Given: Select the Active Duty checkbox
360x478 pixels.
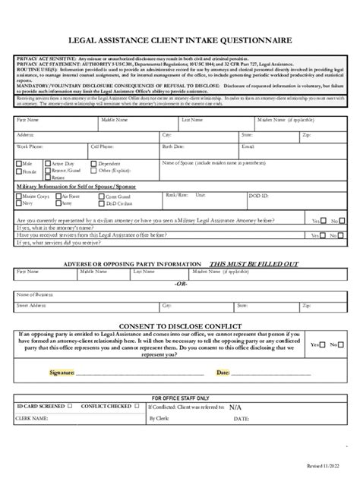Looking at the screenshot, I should (47, 163).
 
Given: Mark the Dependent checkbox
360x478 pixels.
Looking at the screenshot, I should (94, 163).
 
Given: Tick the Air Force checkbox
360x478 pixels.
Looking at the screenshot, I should (59, 196).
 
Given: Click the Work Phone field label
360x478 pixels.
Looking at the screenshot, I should (31, 145).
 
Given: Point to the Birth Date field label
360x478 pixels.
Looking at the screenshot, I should (173, 145).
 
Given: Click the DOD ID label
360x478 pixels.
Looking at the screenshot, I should (259, 195).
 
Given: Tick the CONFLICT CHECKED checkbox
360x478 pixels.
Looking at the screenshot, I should (134, 405).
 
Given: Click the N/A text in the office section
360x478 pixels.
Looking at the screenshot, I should (237, 406).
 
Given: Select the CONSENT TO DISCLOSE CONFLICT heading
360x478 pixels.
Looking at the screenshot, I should (181, 323).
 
